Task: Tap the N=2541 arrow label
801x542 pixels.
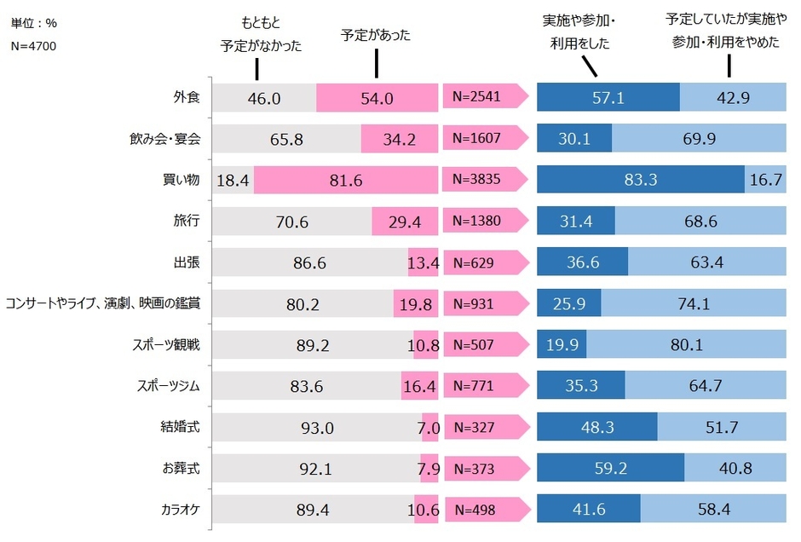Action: (483, 98)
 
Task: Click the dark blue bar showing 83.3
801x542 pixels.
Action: (641, 181)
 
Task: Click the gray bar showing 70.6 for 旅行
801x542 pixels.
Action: (291, 222)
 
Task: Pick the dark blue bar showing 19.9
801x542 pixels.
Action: (562, 345)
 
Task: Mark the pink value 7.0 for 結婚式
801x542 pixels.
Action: (429, 427)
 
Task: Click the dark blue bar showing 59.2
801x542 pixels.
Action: (610, 469)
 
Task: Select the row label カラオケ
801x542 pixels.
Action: (180, 510)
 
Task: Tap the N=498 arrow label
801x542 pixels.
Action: (483, 510)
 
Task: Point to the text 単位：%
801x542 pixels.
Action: (35, 23)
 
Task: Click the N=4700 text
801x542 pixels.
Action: (34, 45)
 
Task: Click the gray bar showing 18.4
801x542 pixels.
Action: (231, 181)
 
